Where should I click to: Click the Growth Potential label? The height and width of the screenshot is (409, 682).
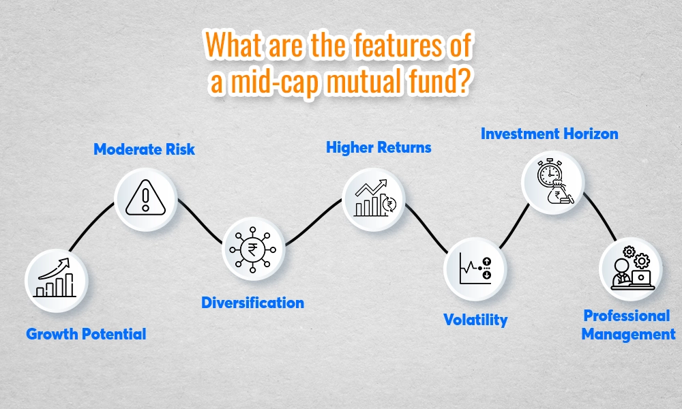tap(86, 334)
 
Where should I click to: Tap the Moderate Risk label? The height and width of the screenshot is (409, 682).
tap(144, 149)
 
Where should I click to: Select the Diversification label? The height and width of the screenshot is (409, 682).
tap(252, 302)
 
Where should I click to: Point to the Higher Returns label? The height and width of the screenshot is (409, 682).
tap(379, 147)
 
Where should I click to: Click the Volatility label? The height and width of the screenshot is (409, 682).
tap(475, 319)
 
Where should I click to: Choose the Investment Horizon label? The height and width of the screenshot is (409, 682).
tap(549, 133)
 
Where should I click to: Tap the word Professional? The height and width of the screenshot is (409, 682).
tap(626, 316)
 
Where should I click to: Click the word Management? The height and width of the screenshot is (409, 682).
tap(628, 334)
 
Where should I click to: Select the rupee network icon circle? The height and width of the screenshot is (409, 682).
tap(253, 249)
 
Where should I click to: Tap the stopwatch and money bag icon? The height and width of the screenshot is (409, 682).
tap(553, 181)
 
